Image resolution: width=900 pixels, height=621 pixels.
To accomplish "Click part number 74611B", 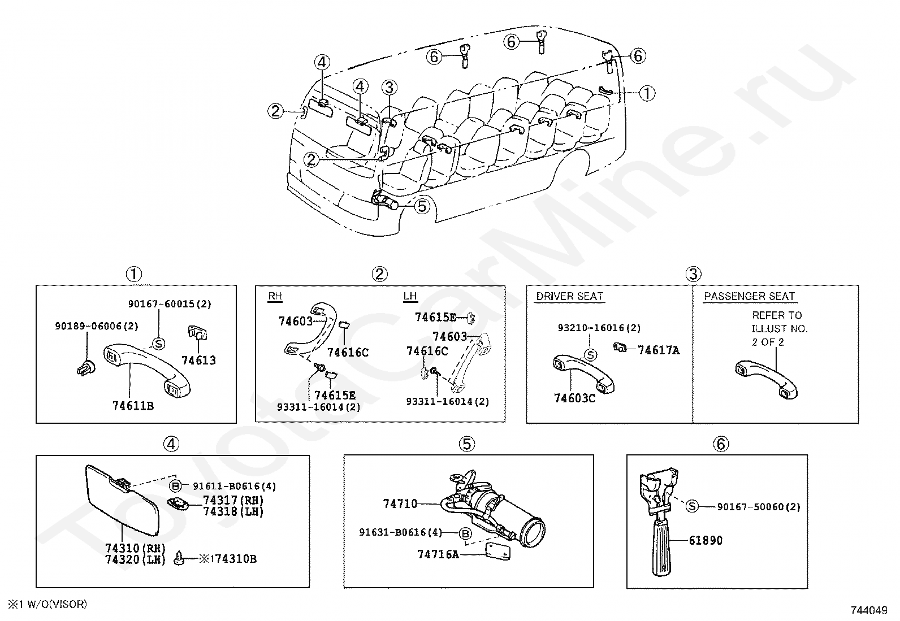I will coord(133,406).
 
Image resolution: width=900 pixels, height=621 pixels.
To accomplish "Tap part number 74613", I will coord(198,360).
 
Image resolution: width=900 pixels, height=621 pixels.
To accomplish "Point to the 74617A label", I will coord(659,350).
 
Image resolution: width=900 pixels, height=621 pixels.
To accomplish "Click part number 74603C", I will coord(574,398).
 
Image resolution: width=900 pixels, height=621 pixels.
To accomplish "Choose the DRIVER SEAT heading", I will coord(569,297).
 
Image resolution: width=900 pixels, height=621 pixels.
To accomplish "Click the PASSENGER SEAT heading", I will coord(749,297).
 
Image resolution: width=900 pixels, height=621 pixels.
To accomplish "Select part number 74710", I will coord(400,503).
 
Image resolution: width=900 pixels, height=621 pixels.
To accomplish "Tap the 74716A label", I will coord(438,554).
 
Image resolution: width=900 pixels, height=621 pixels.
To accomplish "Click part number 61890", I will coord(706,540).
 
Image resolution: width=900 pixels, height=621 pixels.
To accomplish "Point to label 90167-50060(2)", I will coord(759,507).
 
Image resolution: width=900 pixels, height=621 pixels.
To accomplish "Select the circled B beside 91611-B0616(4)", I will coord(176,486).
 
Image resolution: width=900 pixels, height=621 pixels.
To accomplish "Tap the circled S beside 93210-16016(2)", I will coord(590,355).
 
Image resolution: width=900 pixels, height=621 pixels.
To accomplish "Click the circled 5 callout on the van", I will coord(422,206).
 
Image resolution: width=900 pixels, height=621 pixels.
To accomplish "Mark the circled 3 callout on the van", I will coord(389,88).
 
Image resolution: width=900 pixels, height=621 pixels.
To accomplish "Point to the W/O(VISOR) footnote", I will coord(47,604).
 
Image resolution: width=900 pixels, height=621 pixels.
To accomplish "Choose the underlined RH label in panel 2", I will coord(275,297).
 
